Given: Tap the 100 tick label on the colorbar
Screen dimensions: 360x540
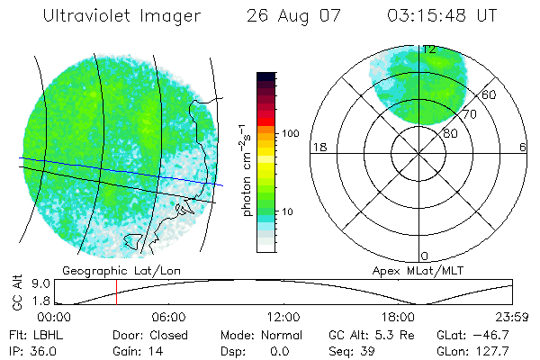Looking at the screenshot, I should [x=290, y=133].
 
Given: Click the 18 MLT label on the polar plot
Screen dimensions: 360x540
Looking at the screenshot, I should [x=318, y=147].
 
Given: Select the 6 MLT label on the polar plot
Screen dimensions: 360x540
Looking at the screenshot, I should [x=523, y=147].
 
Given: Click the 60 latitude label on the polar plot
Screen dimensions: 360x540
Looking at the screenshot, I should [x=490, y=94].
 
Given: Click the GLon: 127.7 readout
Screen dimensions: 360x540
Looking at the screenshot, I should [x=473, y=350].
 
